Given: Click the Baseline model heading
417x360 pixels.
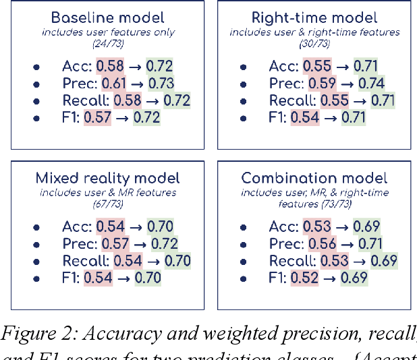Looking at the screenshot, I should (x=103, y=18).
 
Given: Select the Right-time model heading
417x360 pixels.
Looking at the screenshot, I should (x=314, y=18).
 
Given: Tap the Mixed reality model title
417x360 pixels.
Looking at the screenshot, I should (x=107, y=178).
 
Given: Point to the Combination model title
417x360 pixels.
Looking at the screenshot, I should (x=314, y=178).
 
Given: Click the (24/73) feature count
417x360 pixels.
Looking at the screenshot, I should (x=107, y=44).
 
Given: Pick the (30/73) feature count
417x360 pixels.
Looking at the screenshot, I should (x=314, y=44).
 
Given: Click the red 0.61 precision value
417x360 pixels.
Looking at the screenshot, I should (x=114, y=84).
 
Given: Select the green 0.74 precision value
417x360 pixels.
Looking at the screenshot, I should (x=371, y=84).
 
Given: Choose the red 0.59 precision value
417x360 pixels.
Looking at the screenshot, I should (x=322, y=84).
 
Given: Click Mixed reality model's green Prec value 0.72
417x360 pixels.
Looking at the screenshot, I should (x=163, y=243).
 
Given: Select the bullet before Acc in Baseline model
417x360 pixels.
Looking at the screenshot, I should (x=36, y=67).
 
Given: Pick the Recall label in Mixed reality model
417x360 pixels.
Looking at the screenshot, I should (x=76, y=260).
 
